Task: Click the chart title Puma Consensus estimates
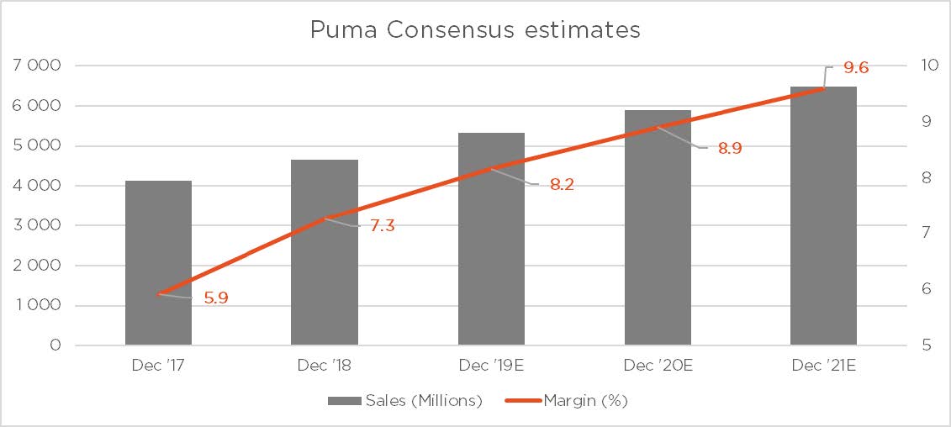(x=475, y=30)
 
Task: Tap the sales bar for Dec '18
(x=325, y=252)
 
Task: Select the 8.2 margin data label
(x=561, y=185)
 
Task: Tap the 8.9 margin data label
(x=729, y=149)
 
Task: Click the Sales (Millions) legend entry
(x=404, y=401)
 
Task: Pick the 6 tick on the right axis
(x=926, y=289)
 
